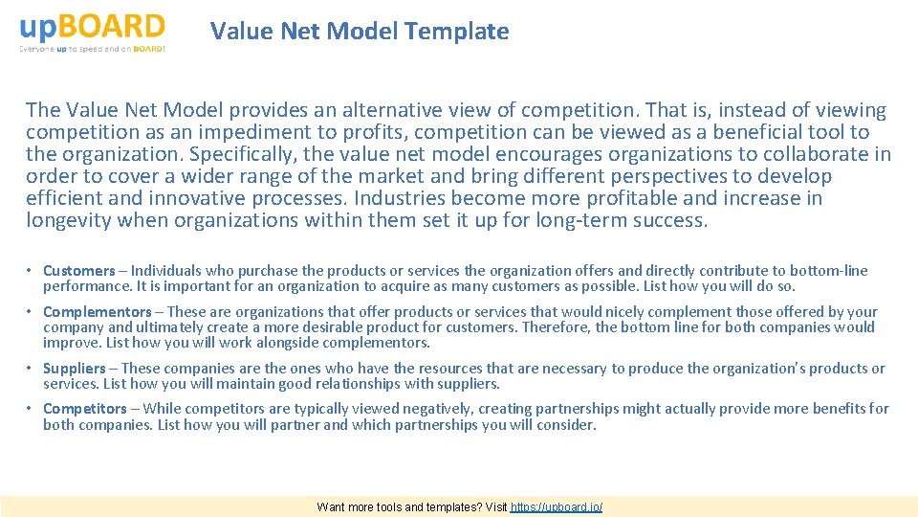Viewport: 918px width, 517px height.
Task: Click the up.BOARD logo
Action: click(92, 27)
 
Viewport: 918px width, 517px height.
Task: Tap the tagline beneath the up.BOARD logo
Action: click(92, 49)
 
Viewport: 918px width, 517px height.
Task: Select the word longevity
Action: click(68, 221)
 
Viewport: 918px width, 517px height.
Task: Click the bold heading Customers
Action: click(78, 271)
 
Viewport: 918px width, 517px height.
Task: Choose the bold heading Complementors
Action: click(97, 312)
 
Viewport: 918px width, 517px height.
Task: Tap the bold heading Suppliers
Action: click(74, 369)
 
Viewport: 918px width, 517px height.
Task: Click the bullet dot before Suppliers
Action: click(31, 369)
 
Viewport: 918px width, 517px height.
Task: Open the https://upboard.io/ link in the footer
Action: click(557, 507)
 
